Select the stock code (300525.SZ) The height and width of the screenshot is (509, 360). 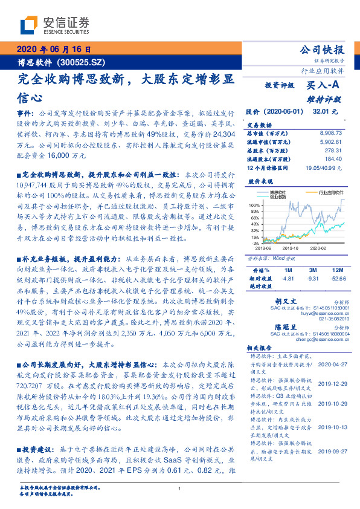point(83,62)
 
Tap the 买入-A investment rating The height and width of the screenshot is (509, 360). point(324,85)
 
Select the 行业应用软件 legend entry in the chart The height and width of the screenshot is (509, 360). point(322,192)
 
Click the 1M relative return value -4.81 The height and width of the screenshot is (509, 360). point(288,278)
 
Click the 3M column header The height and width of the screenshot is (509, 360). point(312,270)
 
